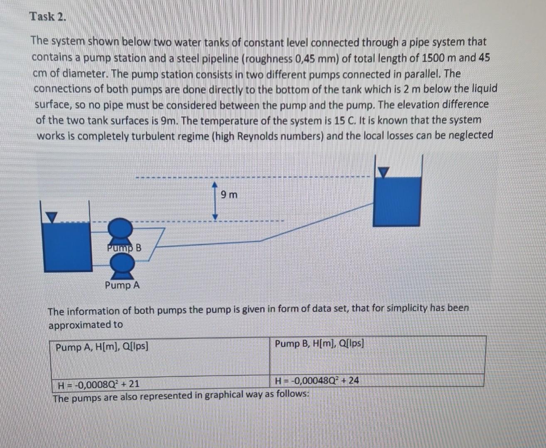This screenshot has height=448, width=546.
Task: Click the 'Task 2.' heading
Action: [47, 17]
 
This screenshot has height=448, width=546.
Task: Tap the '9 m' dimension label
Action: [229, 195]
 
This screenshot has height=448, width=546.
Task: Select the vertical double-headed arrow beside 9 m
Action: [215, 200]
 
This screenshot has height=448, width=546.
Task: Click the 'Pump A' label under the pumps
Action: [122, 285]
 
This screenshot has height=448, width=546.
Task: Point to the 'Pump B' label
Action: [124, 248]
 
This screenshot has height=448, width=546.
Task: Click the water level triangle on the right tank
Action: [384, 171]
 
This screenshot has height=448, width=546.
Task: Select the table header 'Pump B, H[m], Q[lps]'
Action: [319, 343]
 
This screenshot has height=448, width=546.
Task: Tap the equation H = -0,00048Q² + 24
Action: [317, 380]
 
